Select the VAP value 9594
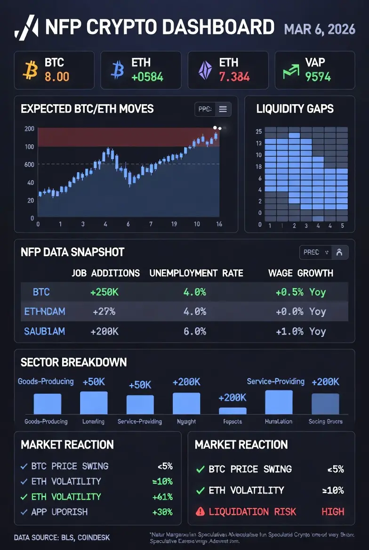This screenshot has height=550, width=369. coord(318,76)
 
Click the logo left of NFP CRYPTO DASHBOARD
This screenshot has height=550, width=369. coord(26,27)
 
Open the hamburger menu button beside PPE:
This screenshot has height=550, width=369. coord(223,109)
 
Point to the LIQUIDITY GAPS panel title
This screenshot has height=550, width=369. coord(295,109)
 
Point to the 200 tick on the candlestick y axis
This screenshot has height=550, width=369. coord(29,129)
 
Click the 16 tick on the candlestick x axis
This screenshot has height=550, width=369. coord(219,224)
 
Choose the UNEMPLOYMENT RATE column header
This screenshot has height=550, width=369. coord(196,273)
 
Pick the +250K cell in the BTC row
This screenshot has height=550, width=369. coord(104,292)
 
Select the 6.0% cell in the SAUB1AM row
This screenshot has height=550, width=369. coord(194,331)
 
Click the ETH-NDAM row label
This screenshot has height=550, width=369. coord(44,311)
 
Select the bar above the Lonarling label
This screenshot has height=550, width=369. coord(94,403)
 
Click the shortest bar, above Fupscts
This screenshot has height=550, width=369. coord(233,411)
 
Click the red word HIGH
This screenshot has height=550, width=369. coord(333,511)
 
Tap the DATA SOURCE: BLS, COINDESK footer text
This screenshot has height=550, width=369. coord(62,537)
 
